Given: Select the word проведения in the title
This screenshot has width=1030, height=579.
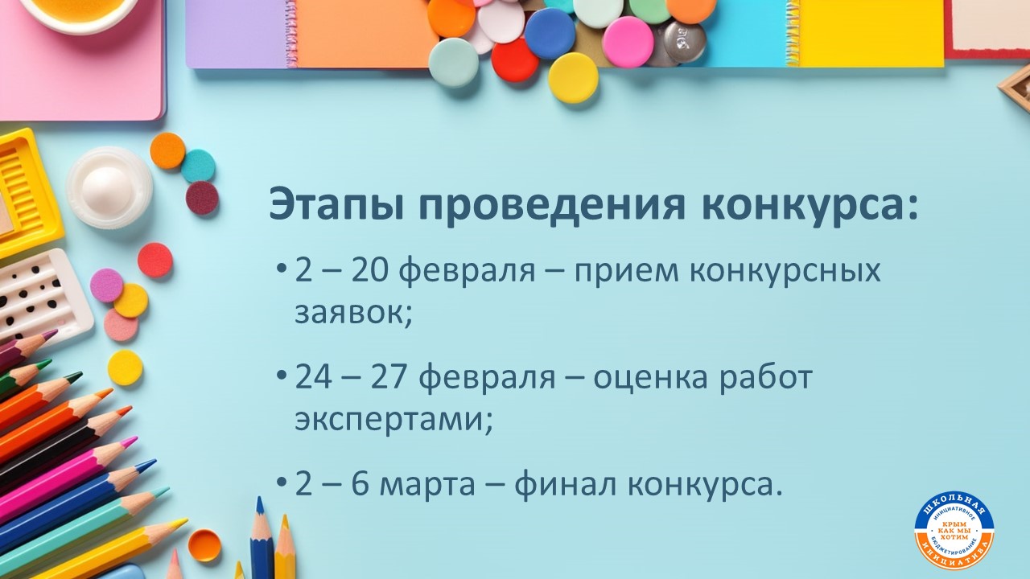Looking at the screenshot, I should coord(553,207).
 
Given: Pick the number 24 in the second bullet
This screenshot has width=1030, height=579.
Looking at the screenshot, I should coord(313,377).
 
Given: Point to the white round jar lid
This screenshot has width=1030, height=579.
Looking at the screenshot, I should coord(109,187).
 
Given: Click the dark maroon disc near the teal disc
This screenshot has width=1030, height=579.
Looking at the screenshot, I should coord(202,198).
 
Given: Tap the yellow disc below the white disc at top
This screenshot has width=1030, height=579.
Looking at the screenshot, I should coord(573,78).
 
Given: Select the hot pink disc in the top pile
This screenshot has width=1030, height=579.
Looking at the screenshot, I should coord(628,42).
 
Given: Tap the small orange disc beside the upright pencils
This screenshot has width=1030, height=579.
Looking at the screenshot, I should coord(204,544).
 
